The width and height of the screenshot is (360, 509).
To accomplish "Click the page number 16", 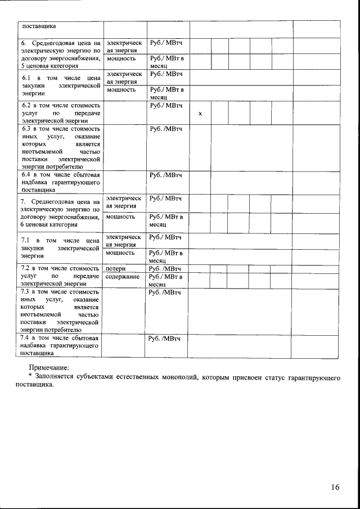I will coord(335,488).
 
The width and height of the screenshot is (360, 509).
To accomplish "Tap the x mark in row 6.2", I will coord(200,114).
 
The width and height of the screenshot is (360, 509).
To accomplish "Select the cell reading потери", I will coord(115,269).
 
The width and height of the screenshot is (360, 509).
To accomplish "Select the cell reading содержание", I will coord(122,277).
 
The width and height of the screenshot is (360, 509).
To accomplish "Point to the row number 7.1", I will coord(26,240).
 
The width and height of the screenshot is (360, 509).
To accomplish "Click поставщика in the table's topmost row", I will coord(39,26).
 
